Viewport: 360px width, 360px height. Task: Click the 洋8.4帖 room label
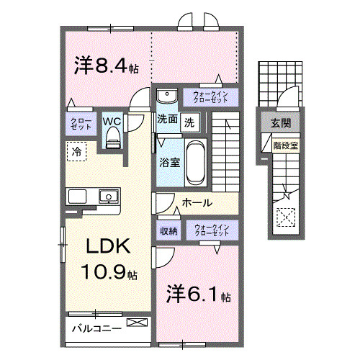[x=107, y=66]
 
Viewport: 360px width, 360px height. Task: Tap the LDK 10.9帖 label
[x=108, y=259]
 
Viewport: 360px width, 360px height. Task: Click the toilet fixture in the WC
[x=112, y=140]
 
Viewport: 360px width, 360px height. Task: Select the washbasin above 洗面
[x=166, y=96]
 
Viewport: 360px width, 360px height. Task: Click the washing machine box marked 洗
[x=189, y=121]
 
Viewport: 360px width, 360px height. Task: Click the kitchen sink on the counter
[x=109, y=195]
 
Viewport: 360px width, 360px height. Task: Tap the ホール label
[x=197, y=203]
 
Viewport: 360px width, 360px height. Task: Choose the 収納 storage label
[x=168, y=231]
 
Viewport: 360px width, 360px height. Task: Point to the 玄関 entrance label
[x=281, y=123]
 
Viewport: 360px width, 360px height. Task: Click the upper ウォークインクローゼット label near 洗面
[x=210, y=96]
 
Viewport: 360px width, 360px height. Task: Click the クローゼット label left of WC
[x=77, y=123]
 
